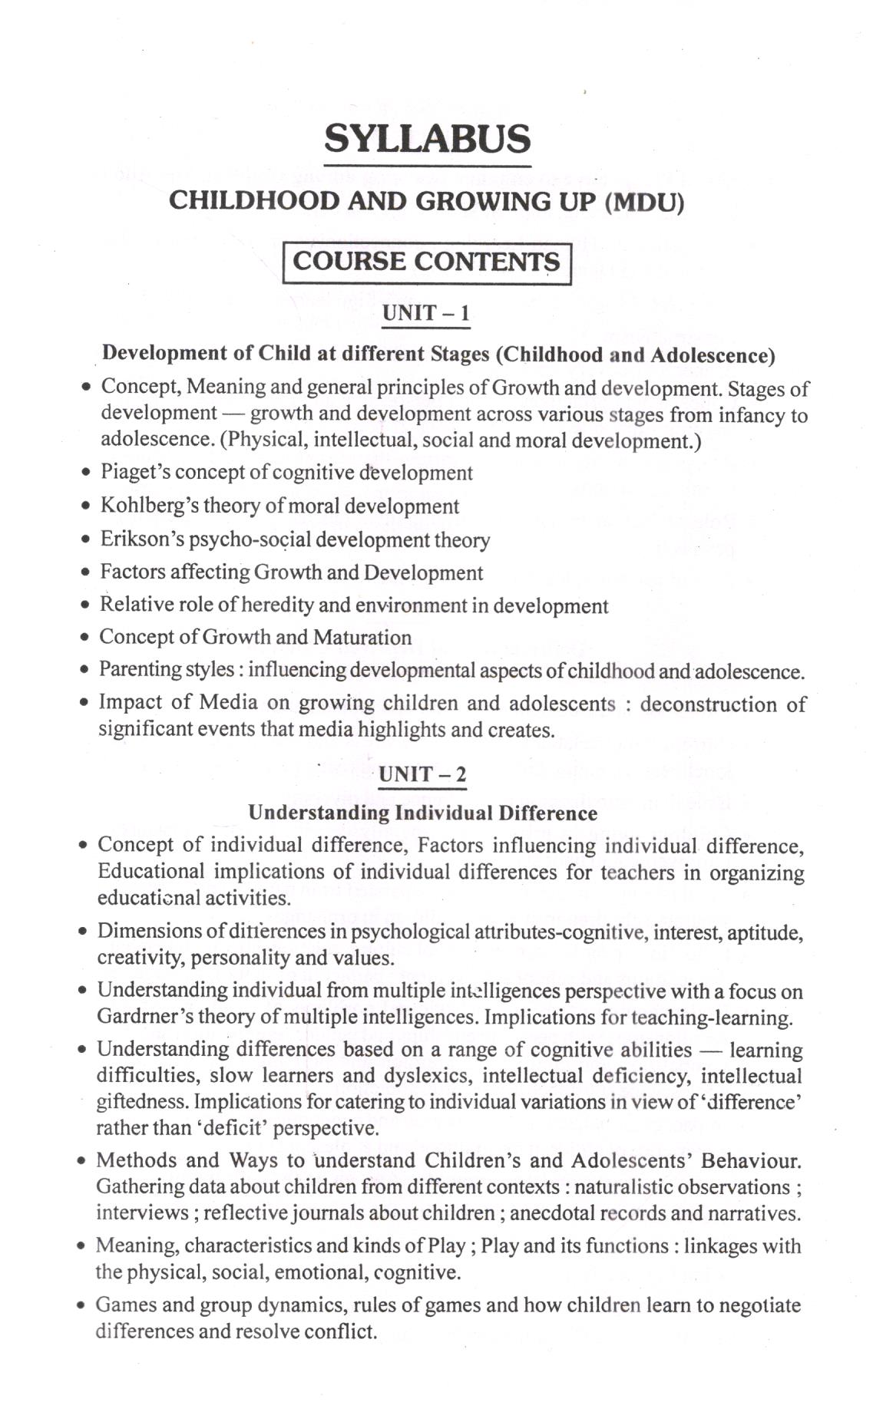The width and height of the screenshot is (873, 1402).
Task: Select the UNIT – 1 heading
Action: [x=425, y=313]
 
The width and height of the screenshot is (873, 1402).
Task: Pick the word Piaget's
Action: [x=134, y=472]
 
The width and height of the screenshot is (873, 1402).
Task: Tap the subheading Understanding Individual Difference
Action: [x=422, y=813]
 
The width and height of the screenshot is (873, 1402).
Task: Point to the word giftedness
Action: [x=141, y=1102]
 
